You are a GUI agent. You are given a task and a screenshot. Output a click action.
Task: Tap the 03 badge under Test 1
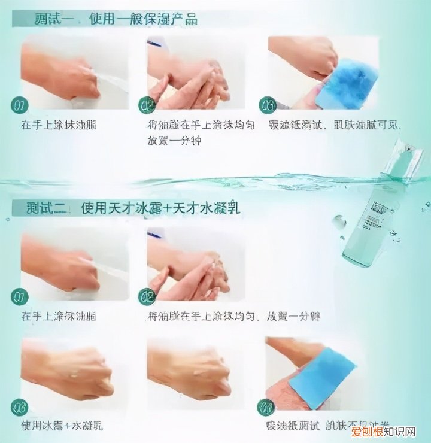pyautogui.click(x=267, y=105)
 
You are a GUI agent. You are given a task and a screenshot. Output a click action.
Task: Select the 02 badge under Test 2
pyautogui.click(x=147, y=296)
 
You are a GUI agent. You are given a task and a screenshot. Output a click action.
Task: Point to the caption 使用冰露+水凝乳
pyautogui.click(x=62, y=426)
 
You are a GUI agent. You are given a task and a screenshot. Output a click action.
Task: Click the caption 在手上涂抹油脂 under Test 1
pyautogui.click(x=58, y=125)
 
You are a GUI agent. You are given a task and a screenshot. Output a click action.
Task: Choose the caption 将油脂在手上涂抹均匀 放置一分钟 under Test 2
pyautogui.click(x=233, y=315)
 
